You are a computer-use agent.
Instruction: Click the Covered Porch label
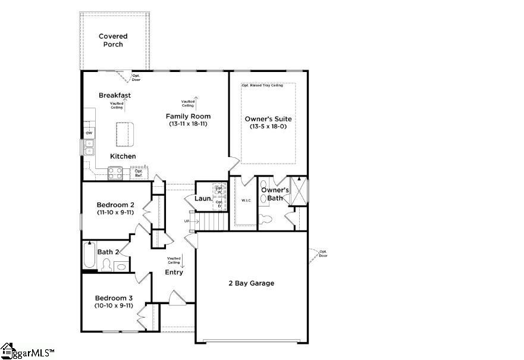click(x=113, y=40)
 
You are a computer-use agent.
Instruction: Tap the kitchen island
click(x=125, y=133)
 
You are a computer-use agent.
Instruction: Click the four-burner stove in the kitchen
click(x=115, y=173)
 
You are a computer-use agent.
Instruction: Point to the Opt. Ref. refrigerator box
click(x=139, y=173)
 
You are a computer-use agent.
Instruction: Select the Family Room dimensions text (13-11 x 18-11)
click(x=188, y=124)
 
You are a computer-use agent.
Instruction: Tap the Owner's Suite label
click(x=268, y=119)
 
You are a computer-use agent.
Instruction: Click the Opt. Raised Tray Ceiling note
click(x=262, y=86)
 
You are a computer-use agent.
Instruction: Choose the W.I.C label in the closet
click(x=246, y=201)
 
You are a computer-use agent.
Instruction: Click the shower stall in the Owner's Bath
click(x=298, y=190)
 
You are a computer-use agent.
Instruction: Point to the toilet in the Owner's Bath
click(x=266, y=218)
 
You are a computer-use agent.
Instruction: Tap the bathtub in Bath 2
click(x=89, y=254)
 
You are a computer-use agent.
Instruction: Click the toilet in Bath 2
click(x=107, y=265)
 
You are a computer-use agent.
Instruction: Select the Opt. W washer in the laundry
click(x=219, y=191)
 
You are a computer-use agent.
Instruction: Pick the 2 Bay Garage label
click(x=252, y=283)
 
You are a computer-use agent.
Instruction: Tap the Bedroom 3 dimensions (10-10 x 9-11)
click(x=114, y=306)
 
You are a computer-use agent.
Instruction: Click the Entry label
click(x=174, y=273)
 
